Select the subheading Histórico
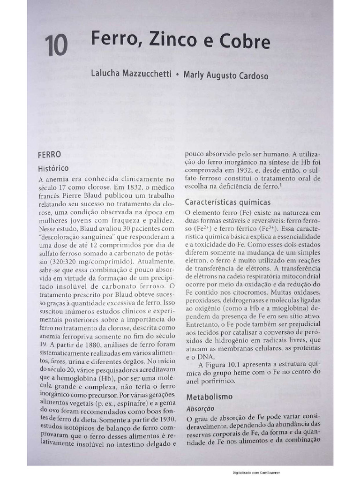(x=53, y=168)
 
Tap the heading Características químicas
(x=228, y=202)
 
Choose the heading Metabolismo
(x=210, y=397)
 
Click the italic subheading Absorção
(x=201, y=408)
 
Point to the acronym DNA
(x=197, y=357)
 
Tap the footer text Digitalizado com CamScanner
(x=262, y=472)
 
